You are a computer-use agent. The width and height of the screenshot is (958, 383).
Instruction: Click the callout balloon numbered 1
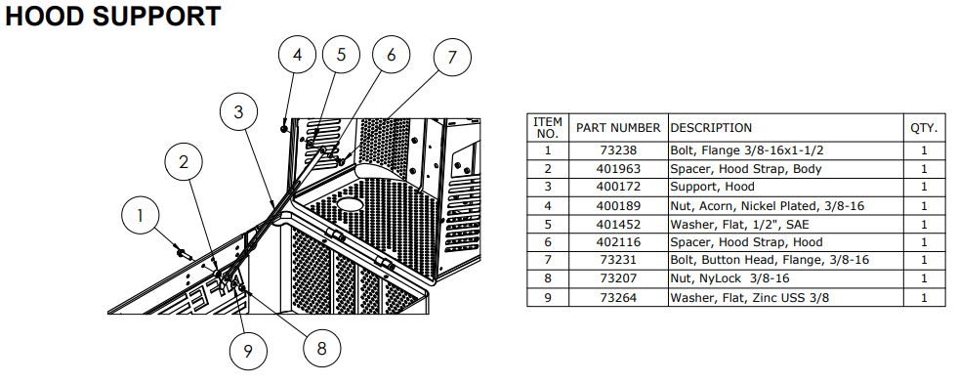click(x=140, y=216)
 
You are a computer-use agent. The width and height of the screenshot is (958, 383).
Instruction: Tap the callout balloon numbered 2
click(x=184, y=162)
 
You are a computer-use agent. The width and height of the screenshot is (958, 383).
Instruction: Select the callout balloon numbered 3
click(x=238, y=112)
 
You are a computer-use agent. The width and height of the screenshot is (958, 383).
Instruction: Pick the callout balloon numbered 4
click(x=297, y=55)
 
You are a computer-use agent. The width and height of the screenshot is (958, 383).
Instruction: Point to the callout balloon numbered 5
click(x=341, y=55)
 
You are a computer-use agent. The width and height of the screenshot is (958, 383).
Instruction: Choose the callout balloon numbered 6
click(x=391, y=55)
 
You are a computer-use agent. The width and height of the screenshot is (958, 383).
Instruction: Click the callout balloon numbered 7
click(x=452, y=58)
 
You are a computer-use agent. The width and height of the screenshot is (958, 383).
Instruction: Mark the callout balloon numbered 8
click(x=322, y=348)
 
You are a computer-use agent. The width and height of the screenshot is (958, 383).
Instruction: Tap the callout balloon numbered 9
click(x=248, y=351)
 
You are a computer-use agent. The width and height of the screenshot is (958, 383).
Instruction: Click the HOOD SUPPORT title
click(x=113, y=17)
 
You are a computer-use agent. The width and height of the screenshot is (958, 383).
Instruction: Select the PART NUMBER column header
click(x=618, y=128)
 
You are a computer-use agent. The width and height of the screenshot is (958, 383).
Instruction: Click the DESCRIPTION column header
click(x=711, y=128)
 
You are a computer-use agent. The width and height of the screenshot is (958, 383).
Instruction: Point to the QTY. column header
click(x=924, y=128)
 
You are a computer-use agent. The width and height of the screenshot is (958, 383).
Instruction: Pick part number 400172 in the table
click(x=618, y=187)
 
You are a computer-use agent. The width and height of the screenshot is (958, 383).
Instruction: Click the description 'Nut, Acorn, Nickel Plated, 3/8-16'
click(x=768, y=206)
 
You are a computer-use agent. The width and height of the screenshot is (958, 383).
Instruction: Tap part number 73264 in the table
click(x=618, y=297)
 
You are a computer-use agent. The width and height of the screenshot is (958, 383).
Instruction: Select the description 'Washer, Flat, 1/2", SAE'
click(x=739, y=224)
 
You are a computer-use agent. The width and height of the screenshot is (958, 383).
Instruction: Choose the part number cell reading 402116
click(x=618, y=242)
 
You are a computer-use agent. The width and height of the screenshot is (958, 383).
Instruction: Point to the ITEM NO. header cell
click(x=548, y=128)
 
